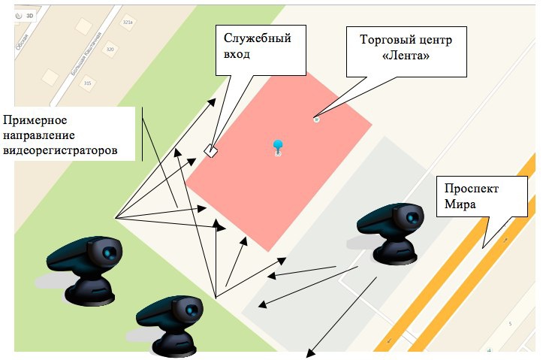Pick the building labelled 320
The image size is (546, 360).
coord(110,50)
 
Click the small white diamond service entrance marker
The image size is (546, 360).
coord(211,151)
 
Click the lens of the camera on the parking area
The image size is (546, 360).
coord(412,218)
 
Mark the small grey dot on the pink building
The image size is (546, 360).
coord(316,118)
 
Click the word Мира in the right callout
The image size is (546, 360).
coord(460,204)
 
